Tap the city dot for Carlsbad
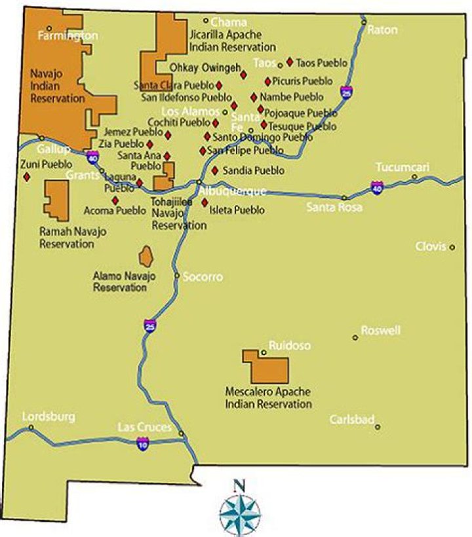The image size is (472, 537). [x=378, y=427]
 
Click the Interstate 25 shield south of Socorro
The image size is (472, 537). [x=150, y=325]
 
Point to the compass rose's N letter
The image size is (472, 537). [x=240, y=486]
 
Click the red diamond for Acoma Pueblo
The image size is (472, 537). [x=115, y=200]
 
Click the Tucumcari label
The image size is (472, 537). [x=403, y=167]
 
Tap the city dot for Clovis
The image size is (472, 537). [x=452, y=247]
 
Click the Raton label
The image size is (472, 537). [x=382, y=29]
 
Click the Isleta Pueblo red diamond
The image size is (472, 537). [x=205, y=201]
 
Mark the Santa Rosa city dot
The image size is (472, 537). [x=344, y=197]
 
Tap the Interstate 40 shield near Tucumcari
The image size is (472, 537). [x=377, y=187]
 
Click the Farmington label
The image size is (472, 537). [x=68, y=35]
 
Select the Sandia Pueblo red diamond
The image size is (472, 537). [x=215, y=170]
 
